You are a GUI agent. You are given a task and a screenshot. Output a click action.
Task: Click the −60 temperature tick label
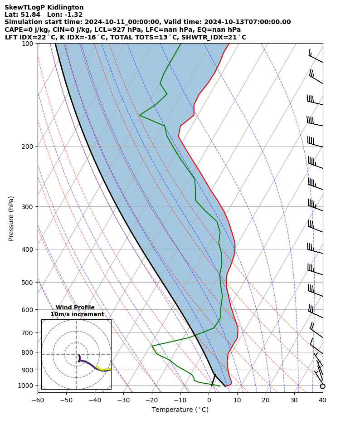(38, 400)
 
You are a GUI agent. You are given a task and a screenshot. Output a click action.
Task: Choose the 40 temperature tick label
(322, 400)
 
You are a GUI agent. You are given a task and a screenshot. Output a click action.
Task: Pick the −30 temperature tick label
(123, 400)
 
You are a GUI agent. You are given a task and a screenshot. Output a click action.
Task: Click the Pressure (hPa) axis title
(11, 218)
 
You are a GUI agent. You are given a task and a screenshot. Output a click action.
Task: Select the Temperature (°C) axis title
(180, 410)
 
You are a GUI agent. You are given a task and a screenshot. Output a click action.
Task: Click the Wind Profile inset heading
(75, 308)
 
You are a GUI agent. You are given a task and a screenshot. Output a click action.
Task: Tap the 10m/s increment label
(77, 314)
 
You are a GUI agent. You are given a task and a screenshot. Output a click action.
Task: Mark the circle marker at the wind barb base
(322, 386)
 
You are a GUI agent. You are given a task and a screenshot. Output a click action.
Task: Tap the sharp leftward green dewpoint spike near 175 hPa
(140, 115)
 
